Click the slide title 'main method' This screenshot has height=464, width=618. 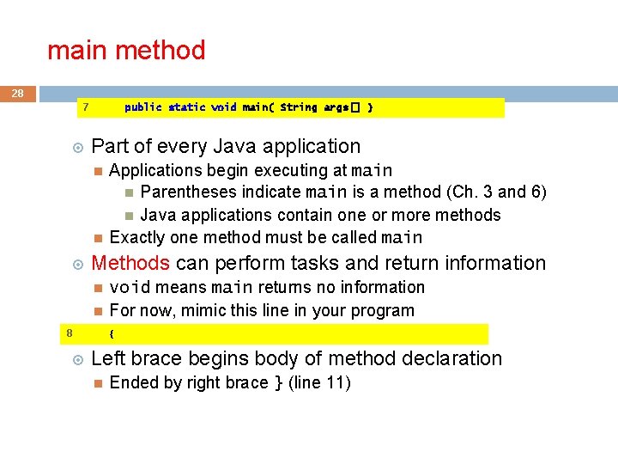(126, 51)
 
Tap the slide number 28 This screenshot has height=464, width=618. (18, 93)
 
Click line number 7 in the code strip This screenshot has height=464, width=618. (85, 107)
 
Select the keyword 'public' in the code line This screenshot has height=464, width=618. (142, 107)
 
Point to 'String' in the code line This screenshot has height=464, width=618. (298, 107)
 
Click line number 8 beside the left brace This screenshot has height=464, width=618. (69, 333)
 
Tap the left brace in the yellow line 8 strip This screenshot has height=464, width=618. (112, 333)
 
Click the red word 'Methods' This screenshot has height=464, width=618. (130, 263)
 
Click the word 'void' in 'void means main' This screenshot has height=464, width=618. (130, 287)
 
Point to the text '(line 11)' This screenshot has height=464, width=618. (319, 383)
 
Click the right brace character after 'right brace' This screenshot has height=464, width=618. (277, 383)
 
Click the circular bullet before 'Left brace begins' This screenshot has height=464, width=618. (76, 359)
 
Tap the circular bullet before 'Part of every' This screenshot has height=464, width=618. (76, 147)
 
